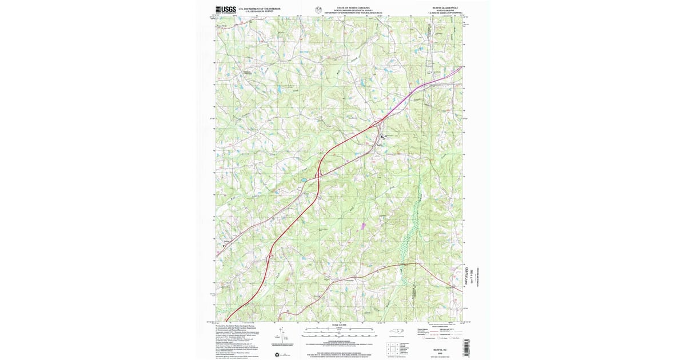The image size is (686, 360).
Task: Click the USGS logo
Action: click(225, 9)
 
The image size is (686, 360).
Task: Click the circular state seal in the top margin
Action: click(318, 9)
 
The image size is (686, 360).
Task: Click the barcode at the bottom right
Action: click(466, 346)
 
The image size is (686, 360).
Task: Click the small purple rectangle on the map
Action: click(362, 225)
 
